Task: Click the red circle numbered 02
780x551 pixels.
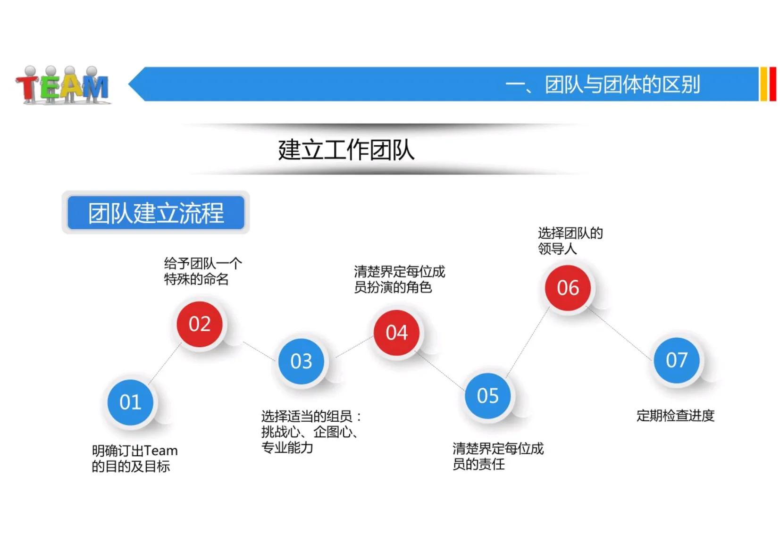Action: click(199, 324)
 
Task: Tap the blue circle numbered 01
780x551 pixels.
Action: click(130, 402)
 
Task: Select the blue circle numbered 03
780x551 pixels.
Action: click(301, 361)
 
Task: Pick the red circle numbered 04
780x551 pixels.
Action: click(396, 333)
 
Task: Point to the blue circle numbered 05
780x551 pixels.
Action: click(487, 395)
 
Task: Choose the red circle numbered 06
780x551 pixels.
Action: click(568, 288)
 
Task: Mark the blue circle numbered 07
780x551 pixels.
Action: click(676, 360)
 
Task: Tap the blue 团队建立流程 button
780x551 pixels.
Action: click(156, 213)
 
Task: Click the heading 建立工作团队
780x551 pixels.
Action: click(346, 150)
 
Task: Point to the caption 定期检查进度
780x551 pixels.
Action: click(675, 416)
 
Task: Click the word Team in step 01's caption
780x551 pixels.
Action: click(161, 451)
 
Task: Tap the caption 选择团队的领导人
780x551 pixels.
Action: click(570, 241)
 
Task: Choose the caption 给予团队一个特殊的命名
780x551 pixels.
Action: click(202, 271)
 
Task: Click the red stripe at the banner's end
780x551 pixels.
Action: click(772, 84)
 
